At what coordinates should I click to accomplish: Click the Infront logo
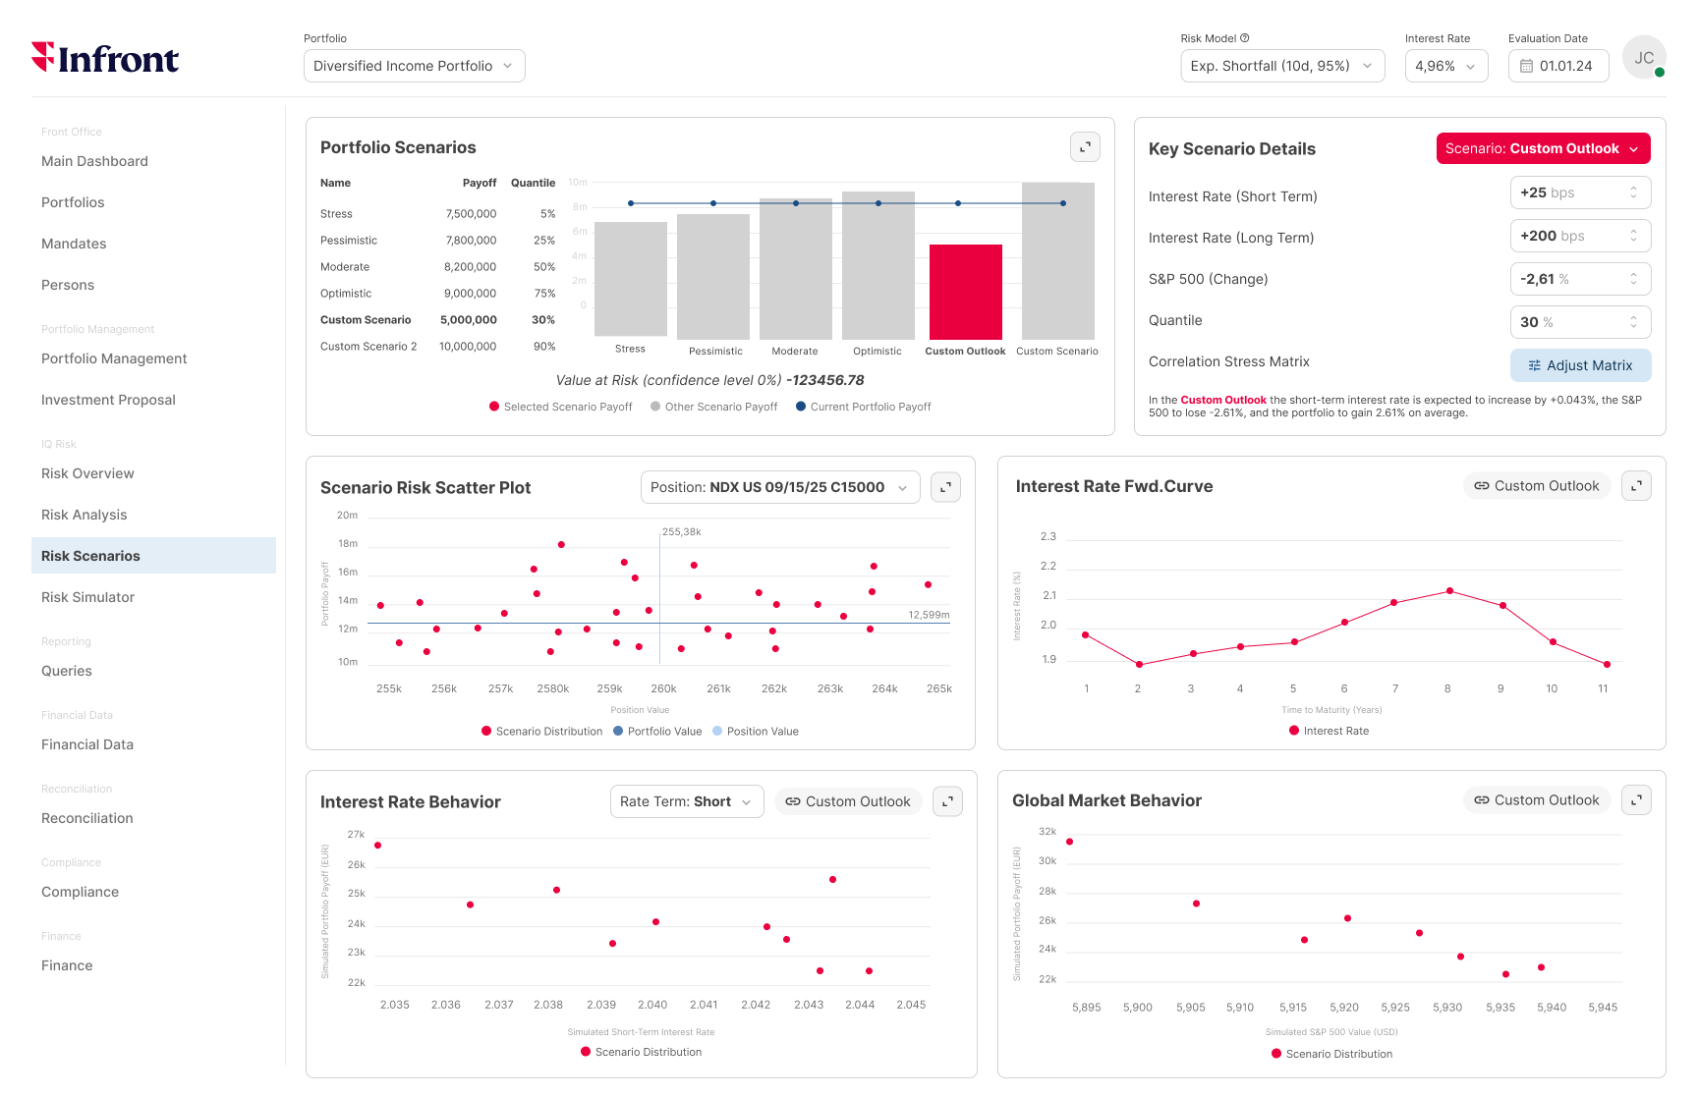(105, 59)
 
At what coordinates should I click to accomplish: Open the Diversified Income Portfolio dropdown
(414, 66)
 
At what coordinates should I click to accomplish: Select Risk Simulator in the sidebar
(87, 597)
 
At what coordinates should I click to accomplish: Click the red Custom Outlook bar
(965, 292)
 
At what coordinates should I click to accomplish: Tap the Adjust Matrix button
(1580, 365)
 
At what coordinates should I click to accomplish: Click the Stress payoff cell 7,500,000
(471, 214)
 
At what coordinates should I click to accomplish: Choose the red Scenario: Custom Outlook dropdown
(1543, 148)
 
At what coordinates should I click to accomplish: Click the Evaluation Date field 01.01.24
(1557, 66)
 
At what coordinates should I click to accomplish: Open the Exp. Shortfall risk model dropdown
(1281, 66)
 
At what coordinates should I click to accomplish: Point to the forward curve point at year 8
(1449, 591)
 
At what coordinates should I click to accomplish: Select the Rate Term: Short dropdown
(686, 801)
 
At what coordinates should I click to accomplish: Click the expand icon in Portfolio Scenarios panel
(1085, 147)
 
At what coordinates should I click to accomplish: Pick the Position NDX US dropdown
(779, 487)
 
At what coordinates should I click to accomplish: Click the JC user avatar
(1644, 58)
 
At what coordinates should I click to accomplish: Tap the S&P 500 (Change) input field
(1579, 279)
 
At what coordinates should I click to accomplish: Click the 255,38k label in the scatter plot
(682, 532)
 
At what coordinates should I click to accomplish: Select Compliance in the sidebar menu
(80, 892)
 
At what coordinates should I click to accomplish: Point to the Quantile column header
(533, 183)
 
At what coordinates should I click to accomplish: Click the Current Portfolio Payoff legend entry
(870, 407)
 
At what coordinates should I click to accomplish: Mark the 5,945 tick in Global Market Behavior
(1602, 1008)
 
